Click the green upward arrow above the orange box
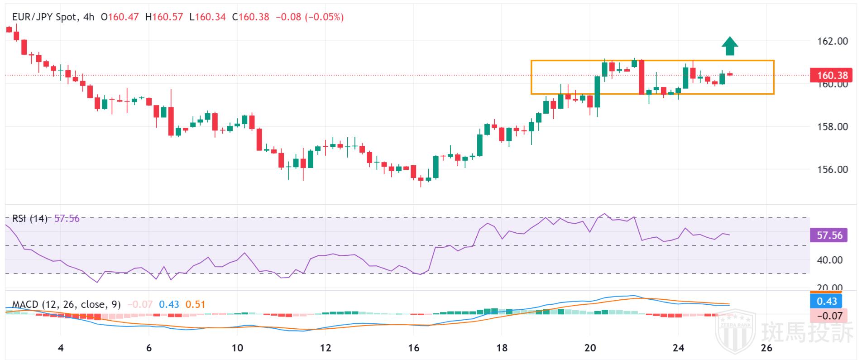[x=729, y=46]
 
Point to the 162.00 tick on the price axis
[x=832, y=41]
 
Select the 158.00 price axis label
[x=832, y=126]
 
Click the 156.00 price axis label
[x=832, y=169]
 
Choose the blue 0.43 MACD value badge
[x=826, y=301]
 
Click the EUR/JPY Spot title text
[x=44, y=17]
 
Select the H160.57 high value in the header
[x=164, y=17]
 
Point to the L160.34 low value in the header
[x=207, y=17]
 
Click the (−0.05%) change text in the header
[x=324, y=17]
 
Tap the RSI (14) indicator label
[x=30, y=219]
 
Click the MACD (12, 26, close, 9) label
[x=67, y=304]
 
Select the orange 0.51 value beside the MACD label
[x=196, y=304]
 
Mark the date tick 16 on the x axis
[x=414, y=348]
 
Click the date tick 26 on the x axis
[x=766, y=348]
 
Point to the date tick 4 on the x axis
[x=61, y=348]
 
